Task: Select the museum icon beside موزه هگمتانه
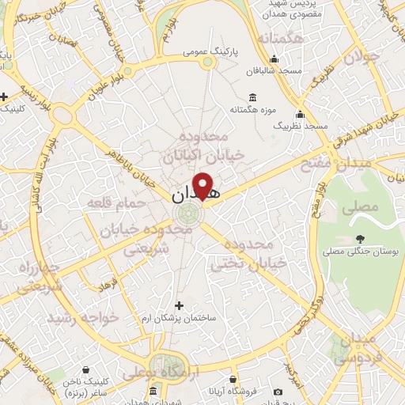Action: tap(252, 97)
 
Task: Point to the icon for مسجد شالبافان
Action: tap(274, 58)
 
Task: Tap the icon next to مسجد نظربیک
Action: tap(300, 113)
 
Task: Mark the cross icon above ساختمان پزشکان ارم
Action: tap(179, 305)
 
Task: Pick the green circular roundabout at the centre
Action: tap(189, 214)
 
